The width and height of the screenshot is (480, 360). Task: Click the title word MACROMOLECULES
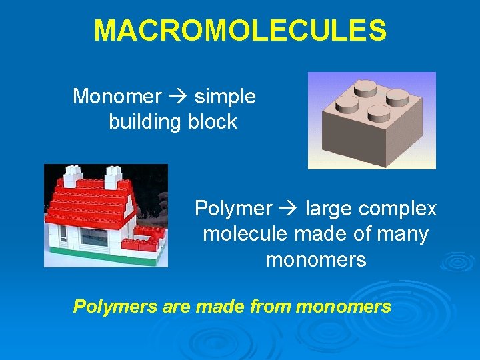[240, 31]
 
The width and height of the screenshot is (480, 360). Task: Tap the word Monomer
[117, 97]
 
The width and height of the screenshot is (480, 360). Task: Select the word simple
[225, 97]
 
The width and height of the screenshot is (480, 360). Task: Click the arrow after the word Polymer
[289, 209]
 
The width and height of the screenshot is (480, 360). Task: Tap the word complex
[397, 209]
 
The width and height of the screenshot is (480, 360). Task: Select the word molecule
[243, 234]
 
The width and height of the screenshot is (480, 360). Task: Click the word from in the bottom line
[269, 307]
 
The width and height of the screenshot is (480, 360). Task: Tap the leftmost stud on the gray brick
[347, 103]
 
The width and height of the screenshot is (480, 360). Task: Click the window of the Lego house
[93, 237]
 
